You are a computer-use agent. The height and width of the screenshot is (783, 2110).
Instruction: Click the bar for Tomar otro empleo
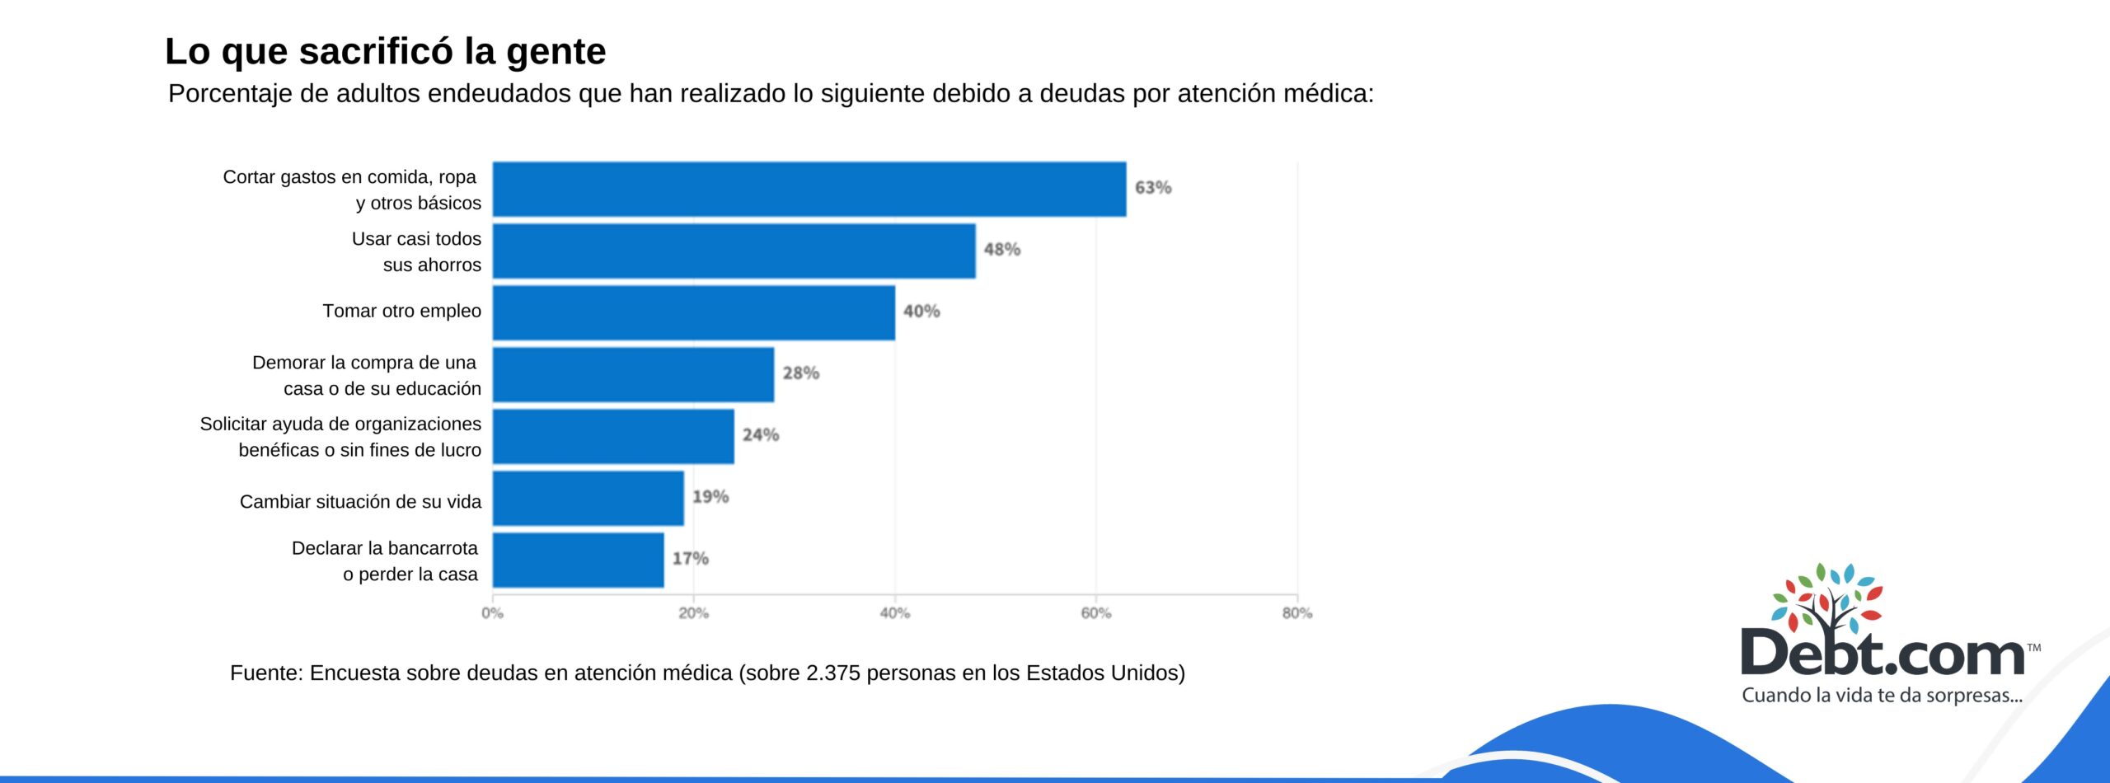click(694, 312)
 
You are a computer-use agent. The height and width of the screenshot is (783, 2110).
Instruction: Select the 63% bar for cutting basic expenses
click(809, 189)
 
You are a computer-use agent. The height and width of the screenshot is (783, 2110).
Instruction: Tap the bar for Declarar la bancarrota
click(579, 560)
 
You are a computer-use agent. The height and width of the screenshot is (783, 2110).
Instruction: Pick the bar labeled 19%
click(588, 498)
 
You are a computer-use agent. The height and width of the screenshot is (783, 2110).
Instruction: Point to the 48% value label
click(1001, 249)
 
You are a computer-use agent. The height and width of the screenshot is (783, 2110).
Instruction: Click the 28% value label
click(800, 373)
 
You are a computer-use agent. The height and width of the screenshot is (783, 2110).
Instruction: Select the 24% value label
click(760, 434)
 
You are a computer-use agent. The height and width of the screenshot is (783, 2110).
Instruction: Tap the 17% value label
click(690, 558)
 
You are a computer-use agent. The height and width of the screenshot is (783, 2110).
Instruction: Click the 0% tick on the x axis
click(492, 613)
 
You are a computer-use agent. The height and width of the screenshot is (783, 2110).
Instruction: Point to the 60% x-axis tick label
click(1095, 613)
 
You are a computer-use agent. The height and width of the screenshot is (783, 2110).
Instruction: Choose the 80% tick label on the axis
click(1296, 613)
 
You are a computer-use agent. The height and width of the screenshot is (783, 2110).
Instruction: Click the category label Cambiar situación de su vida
click(360, 501)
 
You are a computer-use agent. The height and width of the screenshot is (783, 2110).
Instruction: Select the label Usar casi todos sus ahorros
click(416, 251)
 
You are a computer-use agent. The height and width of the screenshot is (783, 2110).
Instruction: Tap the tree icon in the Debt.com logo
click(1827, 598)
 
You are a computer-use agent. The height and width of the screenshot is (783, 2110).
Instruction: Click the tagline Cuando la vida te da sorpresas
click(1882, 695)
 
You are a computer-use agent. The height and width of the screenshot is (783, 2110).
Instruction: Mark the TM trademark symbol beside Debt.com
click(2033, 648)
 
